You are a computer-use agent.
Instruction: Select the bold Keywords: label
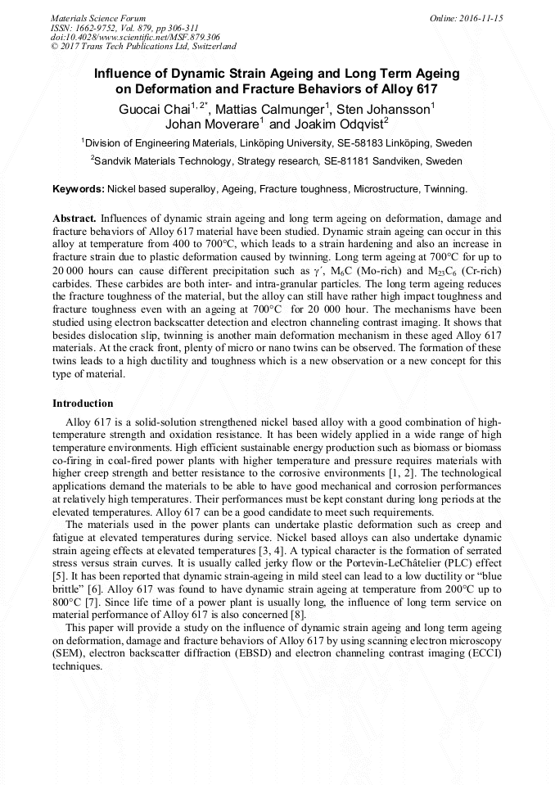[79, 189]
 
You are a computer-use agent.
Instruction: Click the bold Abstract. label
[74, 219]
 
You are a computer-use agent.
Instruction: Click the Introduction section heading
[83, 404]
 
